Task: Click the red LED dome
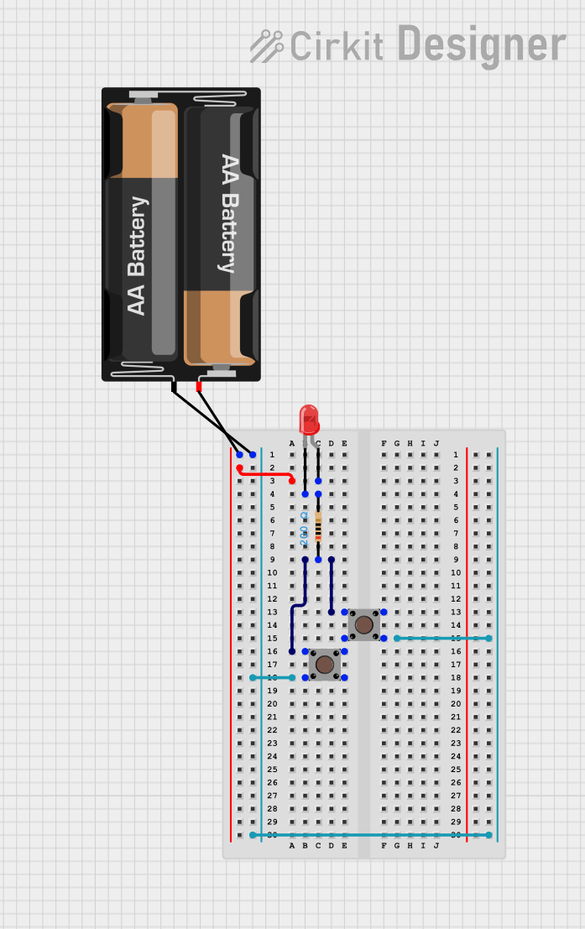click(309, 418)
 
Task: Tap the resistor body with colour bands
click(318, 529)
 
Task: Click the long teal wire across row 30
click(369, 835)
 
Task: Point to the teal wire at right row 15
click(442, 639)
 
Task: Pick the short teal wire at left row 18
click(272, 677)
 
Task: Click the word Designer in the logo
click(481, 44)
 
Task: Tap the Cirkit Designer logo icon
click(267, 46)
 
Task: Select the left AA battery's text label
click(137, 256)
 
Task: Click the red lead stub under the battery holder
click(199, 386)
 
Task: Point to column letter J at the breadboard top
click(436, 443)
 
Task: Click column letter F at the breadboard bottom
click(384, 846)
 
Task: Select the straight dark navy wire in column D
click(332, 586)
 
